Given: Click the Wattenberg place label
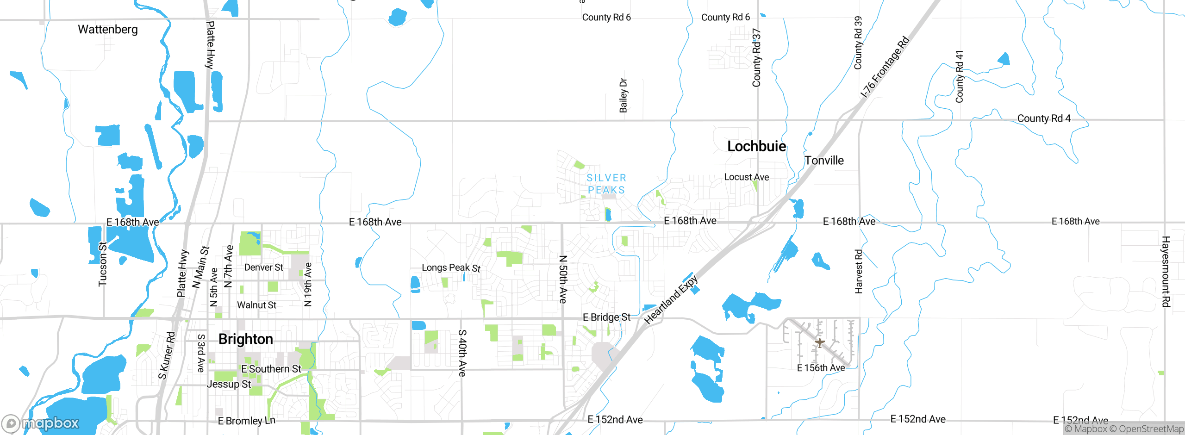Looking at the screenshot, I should click(x=108, y=30).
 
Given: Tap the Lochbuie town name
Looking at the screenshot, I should click(x=756, y=146).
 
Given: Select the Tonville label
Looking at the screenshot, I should click(x=824, y=161).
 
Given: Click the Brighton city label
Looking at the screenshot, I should click(x=245, y=339).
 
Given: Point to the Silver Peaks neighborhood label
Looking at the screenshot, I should click(x=606, y=184).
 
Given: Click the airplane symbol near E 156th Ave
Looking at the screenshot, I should click(x=819, y=343).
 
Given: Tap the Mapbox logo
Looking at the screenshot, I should click(x=41, y=423).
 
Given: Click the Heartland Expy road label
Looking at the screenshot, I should click(x=671, y=299).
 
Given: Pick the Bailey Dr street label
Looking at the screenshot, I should click(x=623, y=95).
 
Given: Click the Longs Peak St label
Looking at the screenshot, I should click(x=451, y=267).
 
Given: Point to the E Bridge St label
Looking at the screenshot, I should click(x=606, y=317).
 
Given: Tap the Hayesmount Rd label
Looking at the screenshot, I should click(x=1166, y=272).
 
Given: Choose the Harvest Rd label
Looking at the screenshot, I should click(x=859, y=271).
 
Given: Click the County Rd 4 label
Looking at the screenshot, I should click(x=1044, y=118).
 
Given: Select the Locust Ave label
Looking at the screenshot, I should click(x=746, y=177).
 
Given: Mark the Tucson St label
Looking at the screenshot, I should click(x=102, y=264).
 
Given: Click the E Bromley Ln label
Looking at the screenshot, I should click(x=246, y=421).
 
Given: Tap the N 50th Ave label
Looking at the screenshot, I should click(x=562, y=279).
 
